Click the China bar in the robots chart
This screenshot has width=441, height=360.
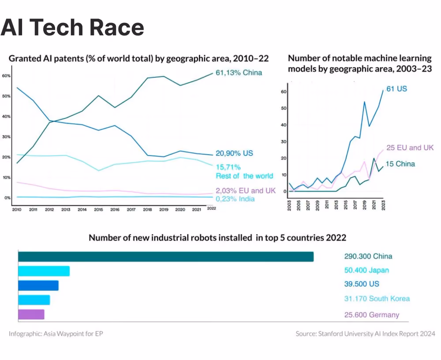tap(166, 256)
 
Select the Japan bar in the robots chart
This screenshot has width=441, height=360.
tap(44, 271)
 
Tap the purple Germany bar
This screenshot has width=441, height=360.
tap(31, 314)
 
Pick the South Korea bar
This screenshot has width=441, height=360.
tap(34, 300)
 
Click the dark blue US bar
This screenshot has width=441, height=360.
tap(38, 286)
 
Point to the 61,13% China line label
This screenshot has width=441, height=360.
tap(239, 73)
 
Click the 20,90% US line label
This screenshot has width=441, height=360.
tap(234, 153)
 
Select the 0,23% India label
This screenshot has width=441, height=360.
tap(235, 199)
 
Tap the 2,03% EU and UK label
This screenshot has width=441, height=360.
tap(246, 190)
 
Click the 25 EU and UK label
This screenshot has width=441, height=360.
tap(410, 148)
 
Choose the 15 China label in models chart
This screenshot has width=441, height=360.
tap(400, 164)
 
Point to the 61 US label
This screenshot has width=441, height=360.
tap(396, 89)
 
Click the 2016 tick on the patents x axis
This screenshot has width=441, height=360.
tap(115, 209)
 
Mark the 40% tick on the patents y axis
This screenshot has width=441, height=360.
tap(6, 116)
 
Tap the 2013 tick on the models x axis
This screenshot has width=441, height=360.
tap(336, 205)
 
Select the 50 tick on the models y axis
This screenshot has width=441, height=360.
tap(284, 108)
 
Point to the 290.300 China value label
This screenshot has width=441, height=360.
tap(368, 256)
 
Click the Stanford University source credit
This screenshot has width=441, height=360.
tap(365, 334)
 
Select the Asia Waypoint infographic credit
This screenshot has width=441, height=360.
tap(56, 334)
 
